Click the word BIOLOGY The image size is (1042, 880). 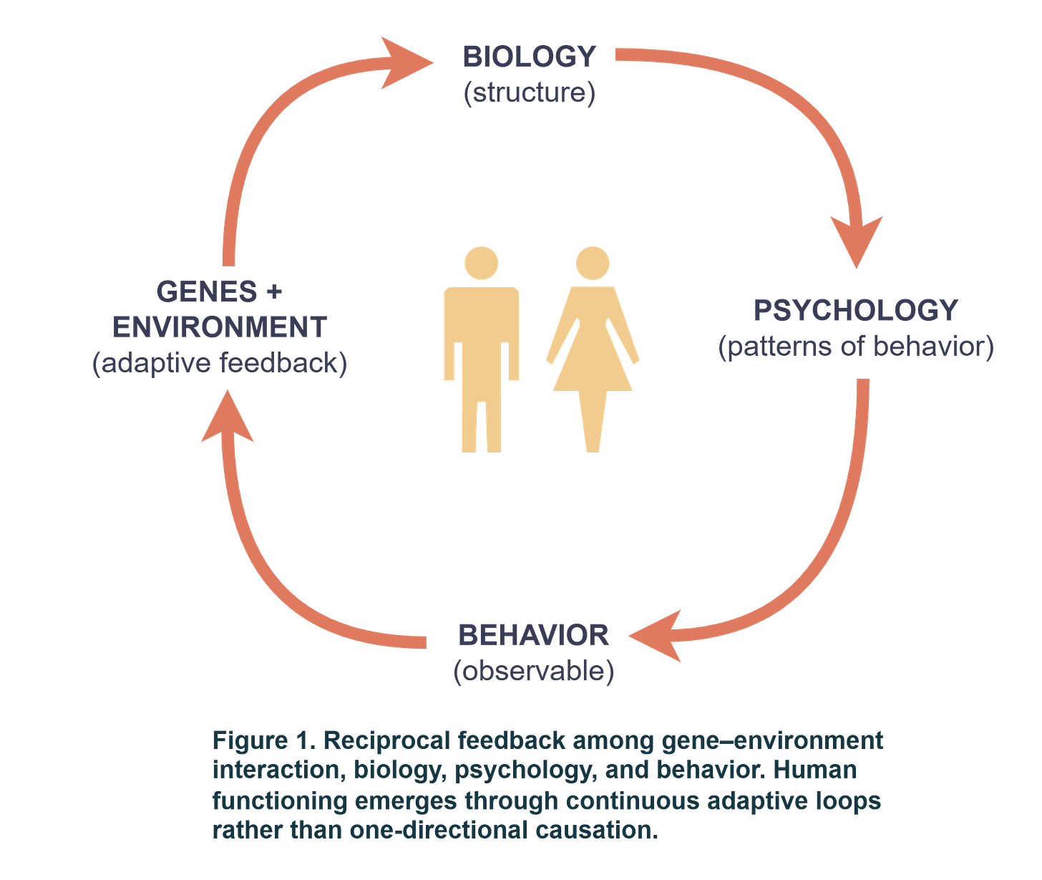(x=529, y=57)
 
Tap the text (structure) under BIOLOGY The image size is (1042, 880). (x=529, y=94)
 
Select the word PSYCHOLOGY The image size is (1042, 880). (x=856, y=310)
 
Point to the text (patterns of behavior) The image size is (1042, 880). (x=856, y=347)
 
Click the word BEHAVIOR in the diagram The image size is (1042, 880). (x=533, y=635)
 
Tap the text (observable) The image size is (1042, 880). (x=533, y=672)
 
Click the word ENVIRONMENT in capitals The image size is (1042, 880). (x=220, y=327)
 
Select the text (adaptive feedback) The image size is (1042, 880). (x=220, y=364)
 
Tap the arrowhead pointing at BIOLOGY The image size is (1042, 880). (x=404, y=63)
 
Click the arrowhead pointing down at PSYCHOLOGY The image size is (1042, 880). (x=857, y=240)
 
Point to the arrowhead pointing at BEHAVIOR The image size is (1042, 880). (x=655, y=635)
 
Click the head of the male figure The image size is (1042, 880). (x=481, y=263)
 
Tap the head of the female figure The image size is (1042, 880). (x=593, y=263)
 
